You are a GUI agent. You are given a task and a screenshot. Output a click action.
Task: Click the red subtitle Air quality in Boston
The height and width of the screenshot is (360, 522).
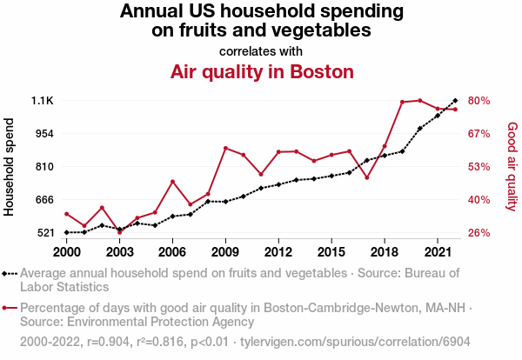[x=261, y=71]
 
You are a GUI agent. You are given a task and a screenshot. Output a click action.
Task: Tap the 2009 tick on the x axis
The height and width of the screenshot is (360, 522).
[x=225, y=252]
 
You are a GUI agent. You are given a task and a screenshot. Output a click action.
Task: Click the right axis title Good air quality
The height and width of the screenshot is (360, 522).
[x=512, y=166]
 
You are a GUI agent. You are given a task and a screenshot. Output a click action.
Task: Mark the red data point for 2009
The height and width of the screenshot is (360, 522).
[x=225, y=148]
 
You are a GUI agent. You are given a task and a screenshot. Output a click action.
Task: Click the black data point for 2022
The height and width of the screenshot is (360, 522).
[x=455, y=101]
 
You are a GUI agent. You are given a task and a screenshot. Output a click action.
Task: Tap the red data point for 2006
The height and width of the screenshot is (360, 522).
[x=172, y=181]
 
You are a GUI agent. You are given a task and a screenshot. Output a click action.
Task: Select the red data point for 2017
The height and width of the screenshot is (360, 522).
[x=366, y=177]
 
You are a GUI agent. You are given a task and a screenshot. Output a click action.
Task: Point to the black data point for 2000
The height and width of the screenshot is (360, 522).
[x=66, y=232]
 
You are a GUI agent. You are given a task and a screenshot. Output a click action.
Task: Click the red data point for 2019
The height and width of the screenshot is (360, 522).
[x=402, y=102]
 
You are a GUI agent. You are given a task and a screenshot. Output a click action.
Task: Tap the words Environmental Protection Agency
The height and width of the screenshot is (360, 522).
[x=146, y=321]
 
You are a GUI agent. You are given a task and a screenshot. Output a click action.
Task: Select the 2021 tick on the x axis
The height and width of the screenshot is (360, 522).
[x=438, y=252]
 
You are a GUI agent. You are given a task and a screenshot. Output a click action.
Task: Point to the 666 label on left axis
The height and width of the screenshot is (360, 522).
[x=43, y=200]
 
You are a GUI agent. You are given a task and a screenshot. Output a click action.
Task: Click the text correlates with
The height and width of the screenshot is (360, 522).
[x=261, y=50]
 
